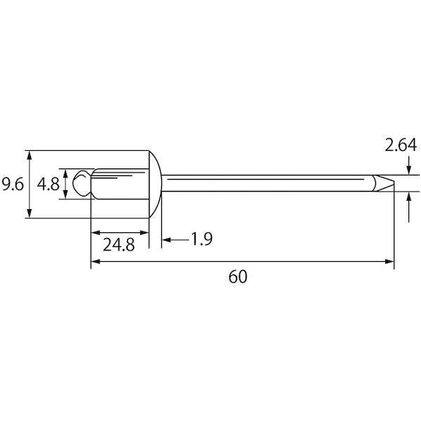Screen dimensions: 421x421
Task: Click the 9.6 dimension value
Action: pyautogui.click(x=13, y=184)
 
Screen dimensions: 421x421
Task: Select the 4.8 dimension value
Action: pyautogui.click(x=48, y=184)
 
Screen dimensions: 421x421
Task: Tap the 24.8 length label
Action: pyautogui.click(x=119, y=245)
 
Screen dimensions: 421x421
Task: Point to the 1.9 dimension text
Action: pyautogui.click(x=202, y=239)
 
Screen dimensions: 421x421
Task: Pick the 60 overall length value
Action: pyautogui.click(x=238, y=276)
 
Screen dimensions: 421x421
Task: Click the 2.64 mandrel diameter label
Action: pyautogui.click(x=401, y=145)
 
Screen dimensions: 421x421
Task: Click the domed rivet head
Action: pyautogui.click(x=155, y=184)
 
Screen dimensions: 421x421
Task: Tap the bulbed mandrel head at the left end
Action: pyautogui.click(x=82, y=183)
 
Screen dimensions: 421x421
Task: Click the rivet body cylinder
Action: pyautogui.click(x=120, y=184)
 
